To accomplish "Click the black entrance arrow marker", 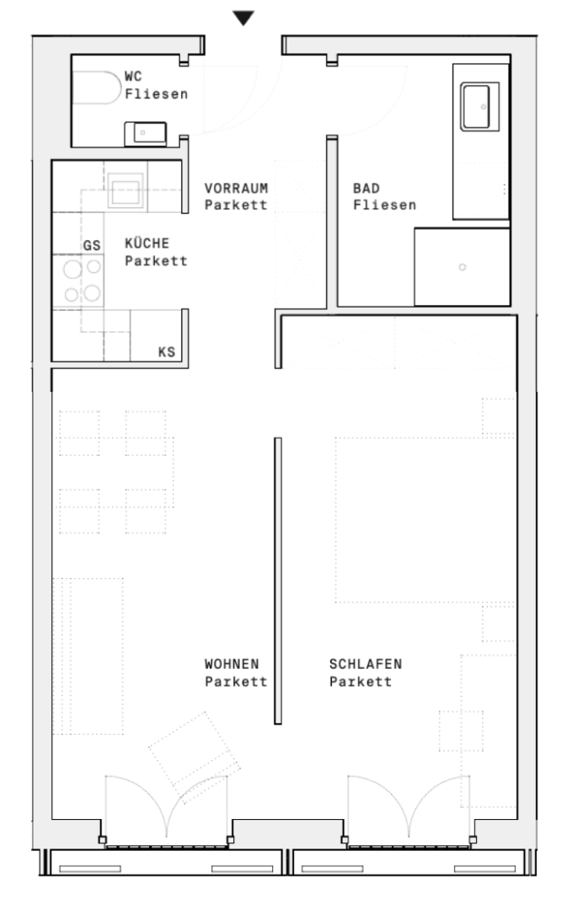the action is click(x=243, y=18).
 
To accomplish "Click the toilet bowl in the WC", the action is click(x=96, y=88).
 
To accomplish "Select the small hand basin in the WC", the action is click(x=146, y=133).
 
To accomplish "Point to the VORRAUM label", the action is click(x=236, y=188).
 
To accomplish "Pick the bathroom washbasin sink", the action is click(x=480, y=107).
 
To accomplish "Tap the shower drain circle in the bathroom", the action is click(x=462, y=267).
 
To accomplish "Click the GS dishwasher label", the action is click(x=92, y=245).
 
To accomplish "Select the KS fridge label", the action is click(x=167, y=351).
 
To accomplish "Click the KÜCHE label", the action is click(x=147, y=244).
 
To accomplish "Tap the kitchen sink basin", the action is click(x=126, y=191).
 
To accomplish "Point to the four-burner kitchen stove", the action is click(x=78, y=281).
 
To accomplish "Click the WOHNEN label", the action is click(x=232, y=664).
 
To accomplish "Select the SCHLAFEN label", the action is click(x=366, y=664).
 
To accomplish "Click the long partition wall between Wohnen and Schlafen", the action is click(x=278, y=581).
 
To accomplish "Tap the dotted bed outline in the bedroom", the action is click(x=425, y=520).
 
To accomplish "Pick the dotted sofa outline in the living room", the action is click(x=88, y=656).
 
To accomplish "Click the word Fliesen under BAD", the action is click(x=384, y=205).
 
